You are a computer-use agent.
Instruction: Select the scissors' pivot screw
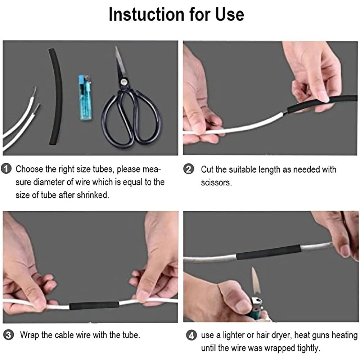click(124, 82)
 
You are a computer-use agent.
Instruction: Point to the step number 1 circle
click(6, 169)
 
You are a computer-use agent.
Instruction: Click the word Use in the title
click(228, 14)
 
